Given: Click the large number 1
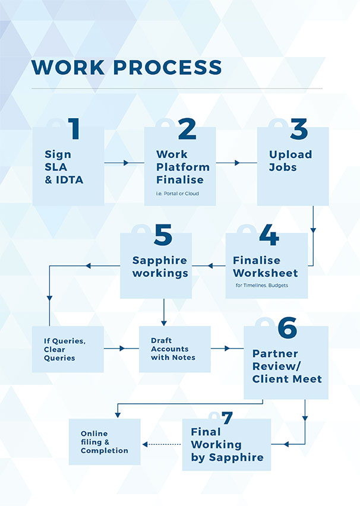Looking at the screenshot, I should pyautogui.click(x=74, y=130).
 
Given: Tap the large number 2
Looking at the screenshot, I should pyautogui.click(x=187, y=130).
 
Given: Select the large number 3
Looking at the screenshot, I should pyautogui.click(x=298, y=130).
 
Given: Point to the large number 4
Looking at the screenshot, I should pyautogui.click(x=269, y=236).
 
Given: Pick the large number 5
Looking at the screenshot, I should pyautogui.click(x=163, y=236).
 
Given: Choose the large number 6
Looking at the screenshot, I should pyautogui.click(x=287, y=328).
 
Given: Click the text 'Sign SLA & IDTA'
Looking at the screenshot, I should pyautogui.click(x=64, y=167).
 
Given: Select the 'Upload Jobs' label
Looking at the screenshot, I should pyautogui.click(x=290, y=161).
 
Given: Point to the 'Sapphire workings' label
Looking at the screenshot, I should pyautogui.click(x=160, y=267).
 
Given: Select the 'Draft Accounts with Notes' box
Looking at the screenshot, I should pyautogui.click(x=173, y=349).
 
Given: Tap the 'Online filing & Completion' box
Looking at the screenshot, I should pyautogui.click(x=105, y=442).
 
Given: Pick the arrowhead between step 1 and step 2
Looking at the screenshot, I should pyautogui.click(x=126, y=162).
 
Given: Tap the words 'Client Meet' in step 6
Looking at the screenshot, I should pyautogui.click(x=287, y=379).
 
